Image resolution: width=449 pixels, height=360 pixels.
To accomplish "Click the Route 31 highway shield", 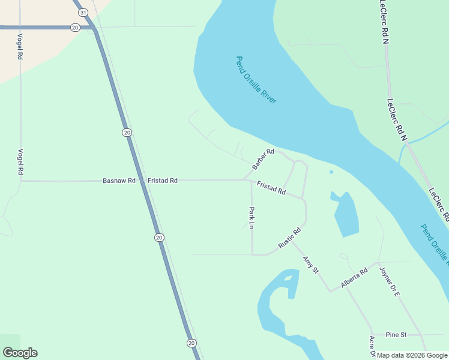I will (83, 13).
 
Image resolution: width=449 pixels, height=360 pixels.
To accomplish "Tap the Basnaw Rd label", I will (119, 180).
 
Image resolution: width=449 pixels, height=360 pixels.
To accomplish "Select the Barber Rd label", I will (263, 158).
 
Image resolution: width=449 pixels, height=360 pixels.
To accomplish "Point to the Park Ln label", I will (252, 218).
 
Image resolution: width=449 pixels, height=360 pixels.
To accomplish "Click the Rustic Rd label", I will (289, 238).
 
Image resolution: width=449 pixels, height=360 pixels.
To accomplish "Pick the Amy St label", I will (310, 265).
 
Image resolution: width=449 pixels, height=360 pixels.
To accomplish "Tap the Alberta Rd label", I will (355, 278).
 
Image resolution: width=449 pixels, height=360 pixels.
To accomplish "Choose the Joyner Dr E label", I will (389, 281).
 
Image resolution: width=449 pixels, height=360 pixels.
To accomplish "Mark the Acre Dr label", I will (372, 347).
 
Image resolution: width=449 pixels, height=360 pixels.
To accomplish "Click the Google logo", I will (20, 353).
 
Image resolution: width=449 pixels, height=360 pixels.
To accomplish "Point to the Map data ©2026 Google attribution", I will (412, 355).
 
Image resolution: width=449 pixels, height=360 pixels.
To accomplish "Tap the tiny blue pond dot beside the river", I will (331, 172).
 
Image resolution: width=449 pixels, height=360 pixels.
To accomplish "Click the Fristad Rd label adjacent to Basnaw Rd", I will (163, 180).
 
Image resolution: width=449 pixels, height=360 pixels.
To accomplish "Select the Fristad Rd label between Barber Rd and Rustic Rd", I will (271, 188).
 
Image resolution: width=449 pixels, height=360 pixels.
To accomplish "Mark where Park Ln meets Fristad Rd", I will (252, 180).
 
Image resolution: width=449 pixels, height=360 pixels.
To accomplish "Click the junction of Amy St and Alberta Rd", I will (330, 292).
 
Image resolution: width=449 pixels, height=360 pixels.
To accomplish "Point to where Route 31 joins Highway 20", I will (92, 28).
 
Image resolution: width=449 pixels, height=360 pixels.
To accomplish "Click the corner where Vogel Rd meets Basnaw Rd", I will (21, 180).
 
